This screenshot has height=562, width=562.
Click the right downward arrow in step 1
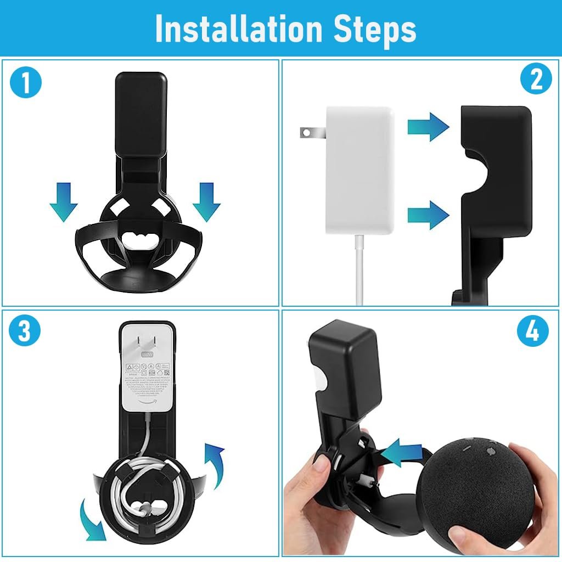(x=206, y=202)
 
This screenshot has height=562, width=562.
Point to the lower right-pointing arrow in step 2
(x=428, y=214)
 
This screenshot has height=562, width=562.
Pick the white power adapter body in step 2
(x=359, y=170)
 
